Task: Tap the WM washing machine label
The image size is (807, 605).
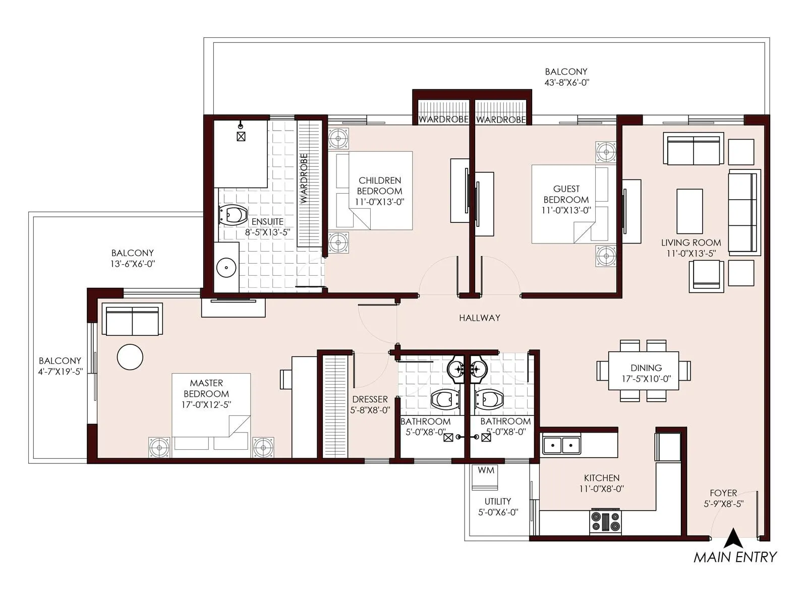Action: click(x=486, y=470)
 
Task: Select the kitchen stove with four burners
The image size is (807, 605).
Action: click(x=605, y=522)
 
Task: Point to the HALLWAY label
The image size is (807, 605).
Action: click(x=479, y=318)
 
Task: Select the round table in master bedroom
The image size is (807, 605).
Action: click(x=130, y=357)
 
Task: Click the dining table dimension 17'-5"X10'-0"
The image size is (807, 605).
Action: click(x=646, y=379)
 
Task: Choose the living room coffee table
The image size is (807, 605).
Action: click(x=689, y=210)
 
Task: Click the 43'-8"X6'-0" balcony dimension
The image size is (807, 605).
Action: click(x=566, y=83)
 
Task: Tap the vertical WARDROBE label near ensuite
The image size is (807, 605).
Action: click(x=304, y=178)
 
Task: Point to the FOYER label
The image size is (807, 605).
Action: click(x=723, y=493)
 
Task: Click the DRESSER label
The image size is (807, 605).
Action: click(x=370, y=399)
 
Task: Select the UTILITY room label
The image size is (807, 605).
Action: click(x=497, y=501)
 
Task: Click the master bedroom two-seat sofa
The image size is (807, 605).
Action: click(x=132, y=319)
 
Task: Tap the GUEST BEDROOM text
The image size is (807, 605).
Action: click(x=566, y=194)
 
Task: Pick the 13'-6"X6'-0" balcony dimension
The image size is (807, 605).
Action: click(x=133, y=264)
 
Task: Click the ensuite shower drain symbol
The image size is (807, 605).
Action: click(x=241, y=136)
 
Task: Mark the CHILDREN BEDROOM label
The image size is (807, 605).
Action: click(x=379, y=186)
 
